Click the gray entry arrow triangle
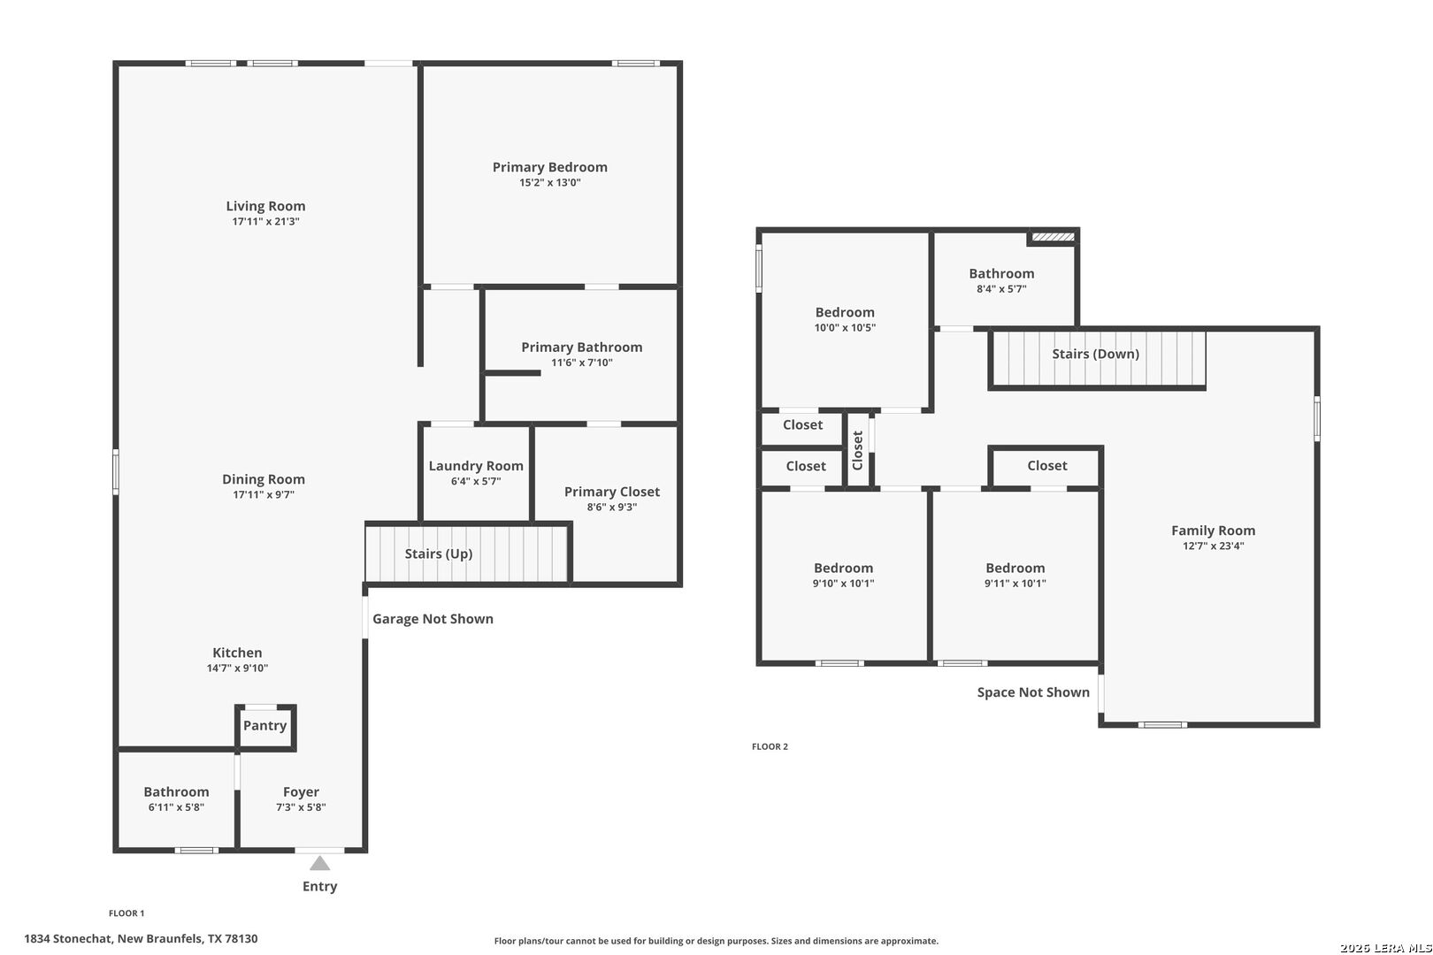tap(320, 864)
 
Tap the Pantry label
tap(264, 725)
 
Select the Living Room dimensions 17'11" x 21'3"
tap(265, 221)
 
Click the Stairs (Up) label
tap(439, 554)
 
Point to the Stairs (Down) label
tap(1096, 354)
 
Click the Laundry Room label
tap(476, 466)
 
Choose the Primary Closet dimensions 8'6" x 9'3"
tap(612, 508)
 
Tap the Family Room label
tap(1214, 531)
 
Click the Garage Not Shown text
tap(433, 619)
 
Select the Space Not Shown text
tap(1033, 692)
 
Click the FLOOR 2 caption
tap(770, 746)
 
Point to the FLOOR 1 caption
tap(126, 913)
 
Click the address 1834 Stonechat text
tap(69, 939)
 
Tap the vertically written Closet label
tap(858, 450)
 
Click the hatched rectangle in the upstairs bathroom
tap(1053, 237)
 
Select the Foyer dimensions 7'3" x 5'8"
tap(301, 807)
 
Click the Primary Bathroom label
tap(581, 347)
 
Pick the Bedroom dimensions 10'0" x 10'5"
tap(845, 327)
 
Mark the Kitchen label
tap(237, 653)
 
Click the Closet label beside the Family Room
tap(1047, 466)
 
